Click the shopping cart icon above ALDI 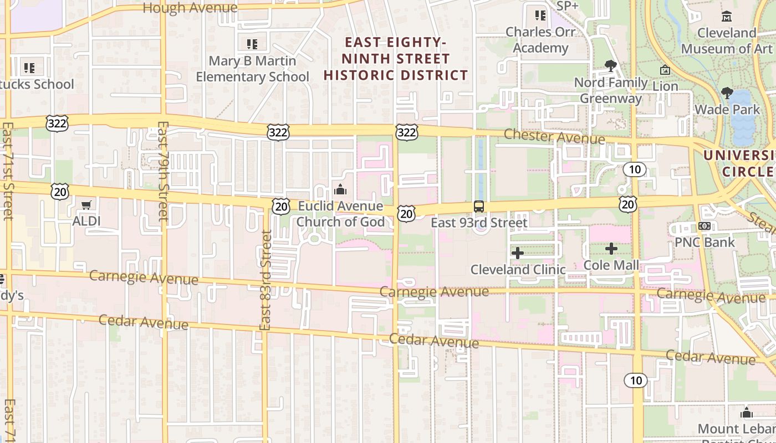pyautogui.click(x=86, y=205)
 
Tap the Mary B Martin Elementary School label pyautogui.click(x=252, y=69)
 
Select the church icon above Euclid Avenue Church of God pyautogui.click(x=340, y=190)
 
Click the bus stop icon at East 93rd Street pyautogui.click(x=478, y=207)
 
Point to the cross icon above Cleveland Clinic pyautogui.click(x=518, y=253)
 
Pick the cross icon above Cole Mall pyautogui.click(x=611, y=249)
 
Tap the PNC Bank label pyautogui.click(x=704, y=242)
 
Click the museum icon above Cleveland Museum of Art pyautogui.click(x=727, y=16)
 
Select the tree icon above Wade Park pyautogui.click(x=727, y=93)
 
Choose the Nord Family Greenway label pyautogui.click(x=611, y=91)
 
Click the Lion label pyautogui.click(x=665, y=86)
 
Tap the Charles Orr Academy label pyautogui.click(x=540, y=40)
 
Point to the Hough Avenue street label pyautogui.click(x=190, y=8)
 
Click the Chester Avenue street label pyautogui.click(x=554, y=136)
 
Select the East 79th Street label pyautogui.click(x=162, y=172)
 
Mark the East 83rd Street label pyautogui.click(x=266, y=280)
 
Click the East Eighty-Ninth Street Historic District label pyautogui.click(x=396, y=59)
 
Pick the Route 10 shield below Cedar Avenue pyautogui.click(x=635, y=380)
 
